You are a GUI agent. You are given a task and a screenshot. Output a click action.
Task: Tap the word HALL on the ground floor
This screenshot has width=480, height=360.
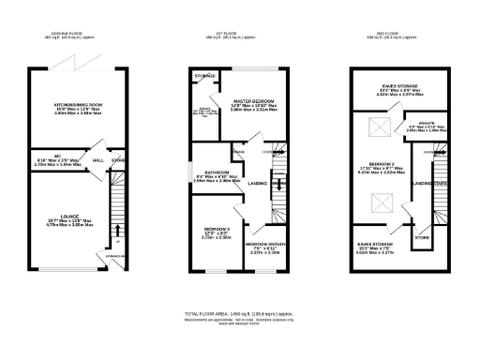click(x=97, y=159)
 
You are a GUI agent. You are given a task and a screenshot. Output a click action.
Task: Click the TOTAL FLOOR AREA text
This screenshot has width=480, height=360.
click(x=240, y=312)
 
